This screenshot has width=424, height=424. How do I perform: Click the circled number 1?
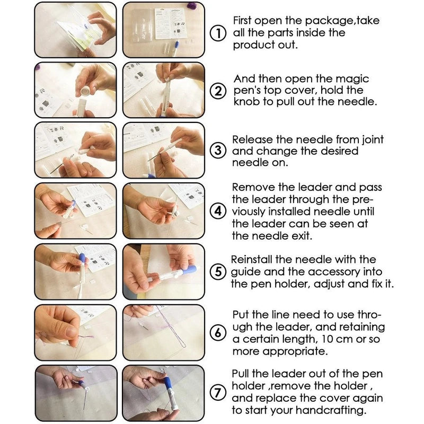(218, 33)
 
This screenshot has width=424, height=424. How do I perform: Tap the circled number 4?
(218, 211)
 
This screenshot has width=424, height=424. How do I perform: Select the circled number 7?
(218, 393)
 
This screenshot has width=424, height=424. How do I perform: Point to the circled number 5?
(218, 271)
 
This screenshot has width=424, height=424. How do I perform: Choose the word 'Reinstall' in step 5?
(257, 260)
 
